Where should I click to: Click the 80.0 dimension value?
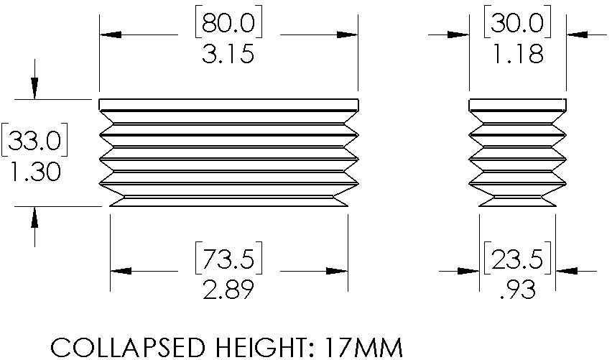(228, 22)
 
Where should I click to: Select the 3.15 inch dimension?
(228, 53)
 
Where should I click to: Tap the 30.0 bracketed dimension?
(517, 22)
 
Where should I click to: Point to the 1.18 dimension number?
(519, 53)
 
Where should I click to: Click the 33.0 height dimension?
(34, 140)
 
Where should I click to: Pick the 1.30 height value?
(35, 172)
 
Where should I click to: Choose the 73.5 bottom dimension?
(228, 259)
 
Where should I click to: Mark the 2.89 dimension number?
(228, 290)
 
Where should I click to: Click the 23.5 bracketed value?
(517, 259)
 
